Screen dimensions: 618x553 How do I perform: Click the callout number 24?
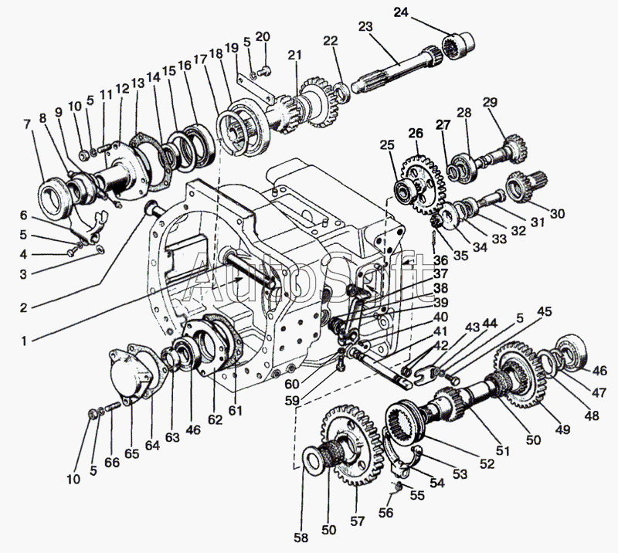pyautogui.click(x=401, y=12)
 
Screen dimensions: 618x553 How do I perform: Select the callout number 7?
pyautogui.click(x=26, y=124)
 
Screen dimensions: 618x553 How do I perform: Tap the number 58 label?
pyautogui.click(x=301, y=538)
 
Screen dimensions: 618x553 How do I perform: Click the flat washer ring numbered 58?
pyautogui.click(x=314, y=460)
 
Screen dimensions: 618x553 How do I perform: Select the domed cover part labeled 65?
pyautogui.click(x=130, y=375)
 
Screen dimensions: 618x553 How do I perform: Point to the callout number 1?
pyautogui.click(x=24, y=341)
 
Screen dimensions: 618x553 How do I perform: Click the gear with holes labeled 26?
pyautogui.click(x=423, y=185)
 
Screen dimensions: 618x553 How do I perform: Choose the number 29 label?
pyautogui.click(x=490, y=103)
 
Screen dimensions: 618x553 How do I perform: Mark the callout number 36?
pyautogui.click(x=440, y=260)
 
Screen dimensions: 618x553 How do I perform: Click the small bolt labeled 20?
pyautogui.click(x=263, y=71)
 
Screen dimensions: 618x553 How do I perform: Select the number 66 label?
pyautogui.click(x=112, y=462)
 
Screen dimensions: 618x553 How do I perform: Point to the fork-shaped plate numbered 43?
pyautogui.click(x=423, y=375)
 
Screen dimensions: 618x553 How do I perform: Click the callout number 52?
pyautogui.click(x=487, y=464)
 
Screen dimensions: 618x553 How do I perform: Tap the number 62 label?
pyautogui.click(x=216, y=419)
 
